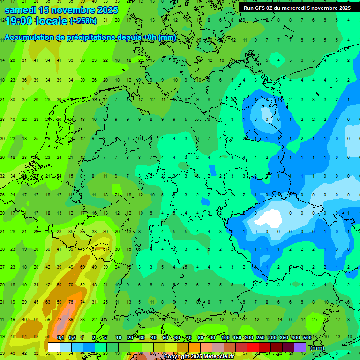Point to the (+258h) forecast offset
coord(83,21)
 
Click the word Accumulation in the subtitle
coord(31,37)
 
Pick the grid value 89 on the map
coord(71,319)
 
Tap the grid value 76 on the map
coord(71,302)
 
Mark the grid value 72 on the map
coord(59,319)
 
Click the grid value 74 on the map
coord(82,302)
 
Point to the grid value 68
coord(36,337)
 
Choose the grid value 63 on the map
coord(48,302)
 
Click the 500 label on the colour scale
coord(307,337)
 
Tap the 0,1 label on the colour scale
coord(60,337)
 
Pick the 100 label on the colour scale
coord(225,337)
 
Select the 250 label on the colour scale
coord(260,337)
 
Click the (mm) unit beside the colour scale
coord(317,348)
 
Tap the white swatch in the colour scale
coord(54,347)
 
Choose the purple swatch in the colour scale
coord(300,347)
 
